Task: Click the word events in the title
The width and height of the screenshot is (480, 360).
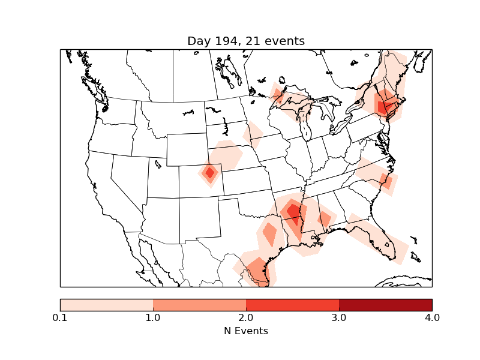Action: [x=281, y=41]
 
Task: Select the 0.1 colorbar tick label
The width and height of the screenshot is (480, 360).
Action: [x=60, y=317]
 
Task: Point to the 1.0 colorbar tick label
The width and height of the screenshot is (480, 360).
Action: [x=153, y=317]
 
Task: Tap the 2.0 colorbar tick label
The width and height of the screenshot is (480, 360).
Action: [x=246, y=317]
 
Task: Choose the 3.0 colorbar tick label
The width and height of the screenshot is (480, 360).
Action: [x=339, y=317]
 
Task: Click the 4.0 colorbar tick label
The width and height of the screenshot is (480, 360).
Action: [x=432, y=317]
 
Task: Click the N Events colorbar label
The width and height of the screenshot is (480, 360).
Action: [x=246, y=331]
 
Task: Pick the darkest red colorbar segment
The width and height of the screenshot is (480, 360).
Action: [x=385, y=305]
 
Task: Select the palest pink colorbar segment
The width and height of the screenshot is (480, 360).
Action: [x=107, y=305]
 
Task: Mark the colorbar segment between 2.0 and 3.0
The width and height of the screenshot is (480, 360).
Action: [x=292, y=305]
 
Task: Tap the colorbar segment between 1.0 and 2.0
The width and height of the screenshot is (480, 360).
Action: [x=199, y=305]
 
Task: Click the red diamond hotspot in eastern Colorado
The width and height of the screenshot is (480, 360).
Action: [x=209, y=173]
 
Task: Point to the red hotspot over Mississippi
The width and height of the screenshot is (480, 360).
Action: [x=293, y=211]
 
